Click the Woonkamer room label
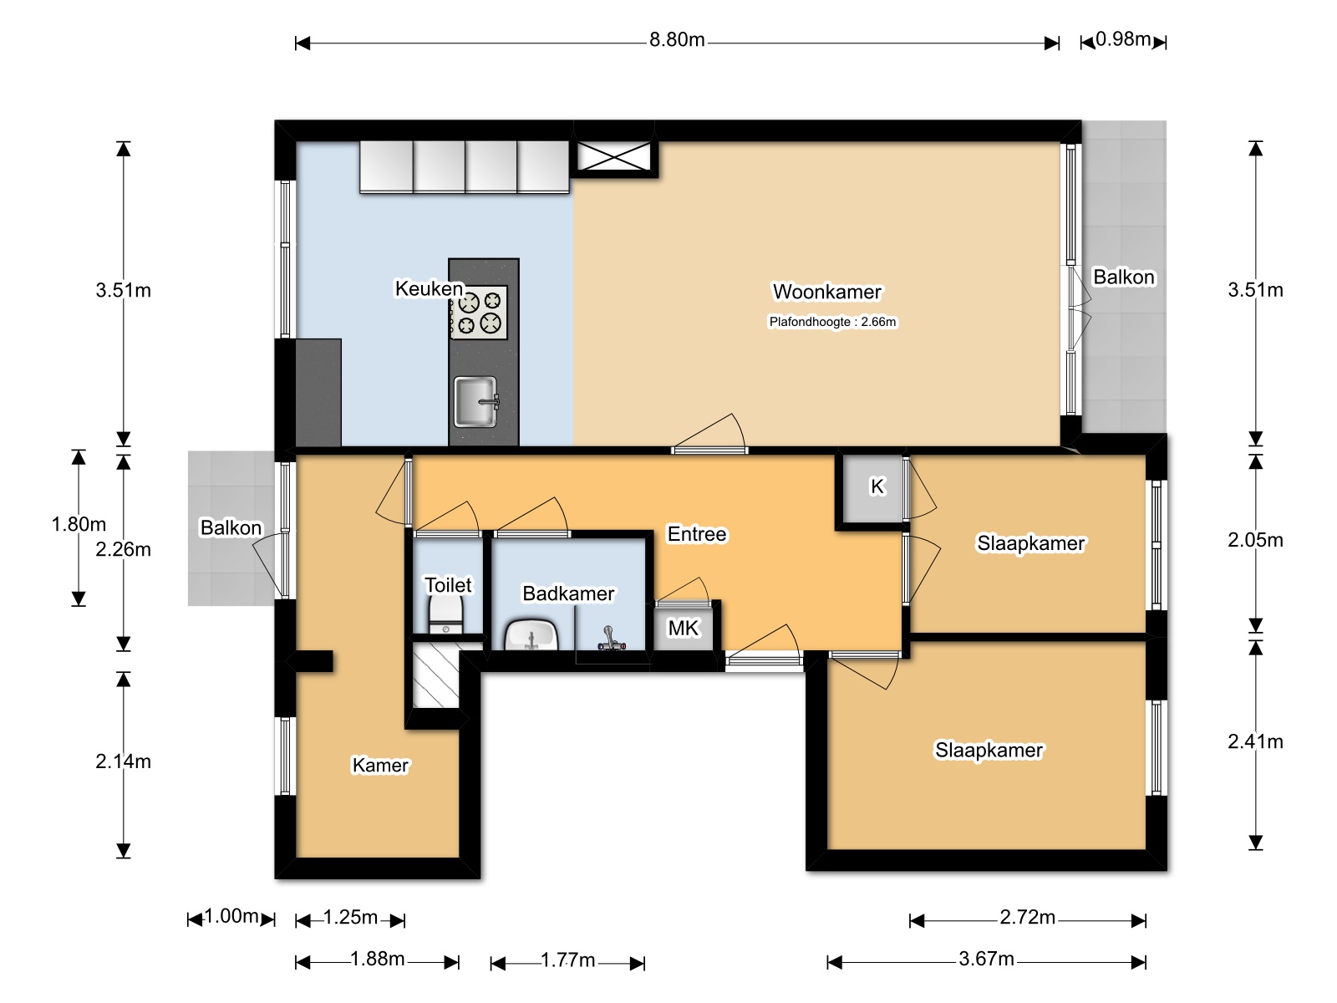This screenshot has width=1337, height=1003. tap(826, 292)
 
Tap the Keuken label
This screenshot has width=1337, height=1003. tap(430, 288)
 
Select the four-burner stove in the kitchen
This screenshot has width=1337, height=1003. tap(479, 312)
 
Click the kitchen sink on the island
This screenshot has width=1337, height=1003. tap(476, 401)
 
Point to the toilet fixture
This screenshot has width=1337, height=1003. tap(445, 615)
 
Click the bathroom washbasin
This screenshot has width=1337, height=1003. tap(531, 635)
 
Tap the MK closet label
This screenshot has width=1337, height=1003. tap(683, 628)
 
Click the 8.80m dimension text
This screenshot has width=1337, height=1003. tap(677, 39)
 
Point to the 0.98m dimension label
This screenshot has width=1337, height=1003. tap(1123, 39)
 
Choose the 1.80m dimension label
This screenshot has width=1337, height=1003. tap(79, 524)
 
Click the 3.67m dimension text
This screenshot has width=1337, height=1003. tap(986, 960)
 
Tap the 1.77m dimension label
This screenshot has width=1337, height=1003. tap(567, 960)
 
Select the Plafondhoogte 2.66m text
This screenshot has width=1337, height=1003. tap(832, 322)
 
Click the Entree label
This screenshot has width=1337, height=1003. tap(697, 534)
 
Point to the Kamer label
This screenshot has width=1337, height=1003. tap(380, 765)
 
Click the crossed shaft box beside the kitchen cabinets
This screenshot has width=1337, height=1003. tap(614, 157)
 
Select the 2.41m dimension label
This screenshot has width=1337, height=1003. tap(1255, 741)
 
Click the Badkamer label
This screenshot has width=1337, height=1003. tap(568, 593)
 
